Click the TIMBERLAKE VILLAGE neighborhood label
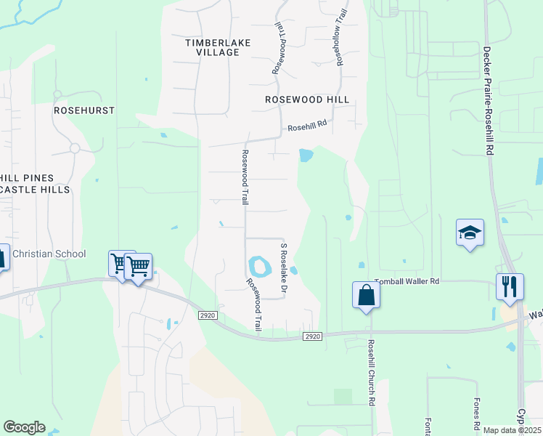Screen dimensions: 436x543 218,47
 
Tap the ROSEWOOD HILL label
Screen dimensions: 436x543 307,100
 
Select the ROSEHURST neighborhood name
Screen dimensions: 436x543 84,110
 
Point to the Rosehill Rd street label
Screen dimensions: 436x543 307,126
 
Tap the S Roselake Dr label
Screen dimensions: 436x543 285,270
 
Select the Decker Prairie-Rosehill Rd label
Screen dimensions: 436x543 489,100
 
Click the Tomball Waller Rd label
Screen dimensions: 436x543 407,281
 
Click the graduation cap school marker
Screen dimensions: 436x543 470,233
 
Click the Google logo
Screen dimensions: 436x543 24,427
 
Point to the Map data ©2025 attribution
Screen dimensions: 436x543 512,430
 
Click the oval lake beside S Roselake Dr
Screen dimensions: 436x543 259,267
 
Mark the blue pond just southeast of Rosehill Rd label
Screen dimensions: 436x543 306,155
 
